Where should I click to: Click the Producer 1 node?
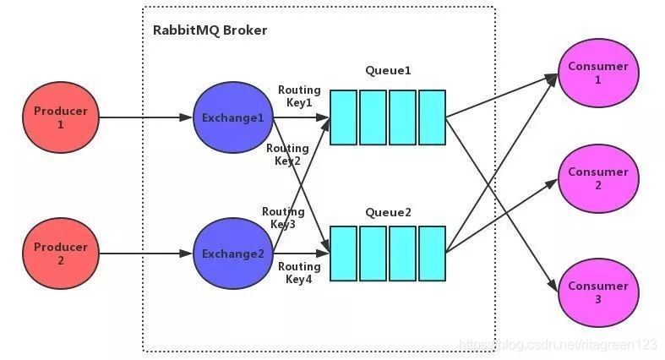tap(60, 117)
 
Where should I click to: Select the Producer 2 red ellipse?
tap(60, 253)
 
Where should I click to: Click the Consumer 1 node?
tap(597, 73)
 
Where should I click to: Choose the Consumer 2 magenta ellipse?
tap(597, 178)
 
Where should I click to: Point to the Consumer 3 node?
tap(597, 292)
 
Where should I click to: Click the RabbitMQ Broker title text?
tap(210, 30)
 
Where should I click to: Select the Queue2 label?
tap(389, 212)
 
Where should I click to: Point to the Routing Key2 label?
tap(283, 154)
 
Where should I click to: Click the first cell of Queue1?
tap(343, 117)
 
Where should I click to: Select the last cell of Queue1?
tap(432, 117)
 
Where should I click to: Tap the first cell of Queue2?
tap(343, 253)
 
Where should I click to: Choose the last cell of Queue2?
tap(432, 253)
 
